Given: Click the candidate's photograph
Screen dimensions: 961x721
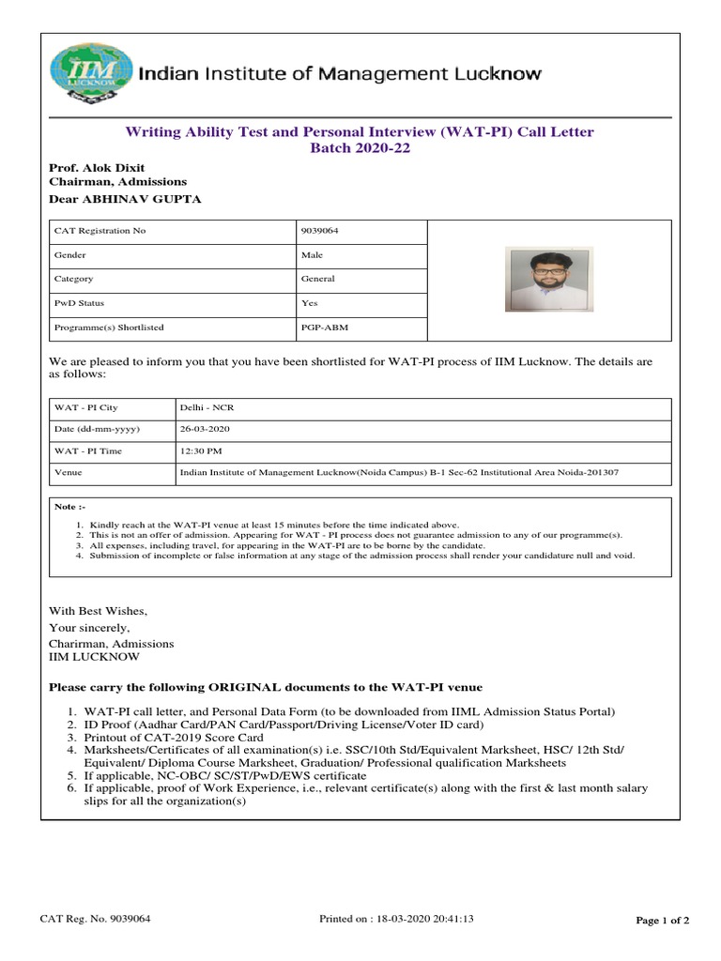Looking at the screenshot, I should pos(549,279).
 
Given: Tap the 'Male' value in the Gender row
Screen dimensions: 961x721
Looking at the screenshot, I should pos(311,255).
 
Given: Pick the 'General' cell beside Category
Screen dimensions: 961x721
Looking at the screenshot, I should pos(317,279).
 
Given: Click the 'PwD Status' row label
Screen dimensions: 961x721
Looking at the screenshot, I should pos(80,303).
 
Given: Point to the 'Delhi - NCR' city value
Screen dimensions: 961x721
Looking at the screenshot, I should pos(205,408).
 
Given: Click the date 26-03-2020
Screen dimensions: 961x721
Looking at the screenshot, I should pos(204,429).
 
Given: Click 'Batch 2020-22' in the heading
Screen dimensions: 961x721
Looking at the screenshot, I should pos(360,149).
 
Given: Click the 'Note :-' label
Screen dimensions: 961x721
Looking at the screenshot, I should pos(69,506).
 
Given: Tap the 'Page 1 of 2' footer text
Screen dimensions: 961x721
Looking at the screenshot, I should pos(663,921).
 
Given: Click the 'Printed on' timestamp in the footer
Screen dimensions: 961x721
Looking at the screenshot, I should pos(396,920).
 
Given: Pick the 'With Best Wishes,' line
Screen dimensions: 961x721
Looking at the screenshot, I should pos(98,611).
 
